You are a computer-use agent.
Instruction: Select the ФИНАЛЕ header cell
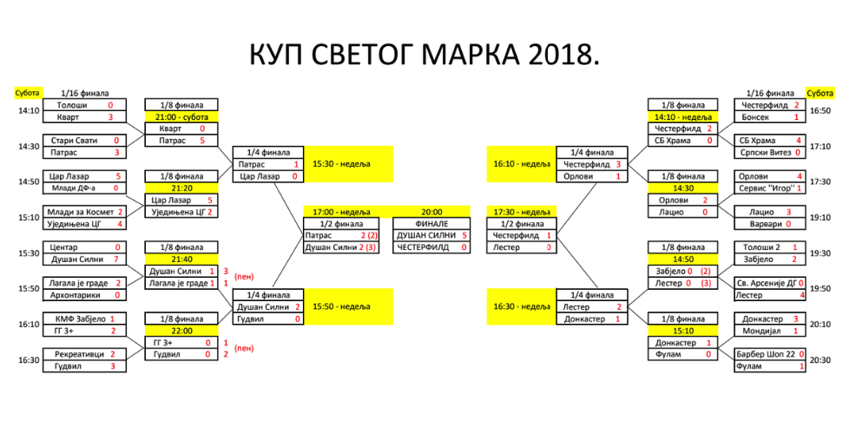tap(431, 223)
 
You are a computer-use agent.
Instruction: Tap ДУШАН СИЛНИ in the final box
tap(426, 235)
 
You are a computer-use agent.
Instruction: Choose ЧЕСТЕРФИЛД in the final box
tap(425, 247)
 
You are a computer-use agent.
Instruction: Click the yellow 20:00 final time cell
tap(431, 212)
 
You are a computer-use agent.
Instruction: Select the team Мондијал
tap(758, 331)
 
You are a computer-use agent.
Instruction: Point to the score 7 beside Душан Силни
tap(115, 260)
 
